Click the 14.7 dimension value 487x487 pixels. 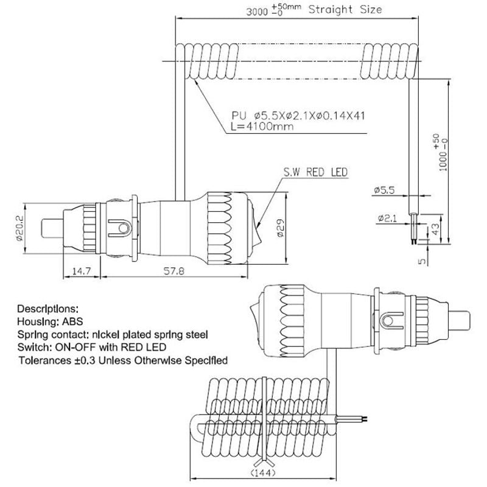82,271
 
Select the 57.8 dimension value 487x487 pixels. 174,271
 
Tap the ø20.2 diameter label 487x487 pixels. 19,228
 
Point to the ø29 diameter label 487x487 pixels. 281,228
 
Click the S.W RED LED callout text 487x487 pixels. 315,172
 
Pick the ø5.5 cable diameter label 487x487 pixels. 385,190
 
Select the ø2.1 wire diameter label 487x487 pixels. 387,219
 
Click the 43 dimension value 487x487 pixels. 436,229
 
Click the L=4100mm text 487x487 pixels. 262,127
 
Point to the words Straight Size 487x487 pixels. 345,10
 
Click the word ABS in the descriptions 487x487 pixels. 72,321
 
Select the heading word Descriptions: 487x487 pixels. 48,309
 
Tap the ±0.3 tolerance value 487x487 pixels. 85,360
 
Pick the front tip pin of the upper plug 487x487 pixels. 52,228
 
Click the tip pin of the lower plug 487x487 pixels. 460,321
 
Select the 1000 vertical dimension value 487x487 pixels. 444,159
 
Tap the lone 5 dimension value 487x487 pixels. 422,261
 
